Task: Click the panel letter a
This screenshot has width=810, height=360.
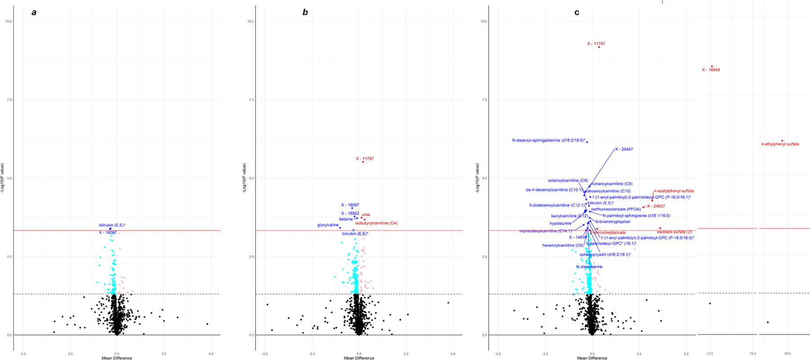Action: [x=34, y=13]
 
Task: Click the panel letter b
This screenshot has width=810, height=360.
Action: [x=305, y=13]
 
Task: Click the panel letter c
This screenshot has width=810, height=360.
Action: [x=577, y=13]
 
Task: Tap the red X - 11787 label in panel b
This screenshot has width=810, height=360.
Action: [x=364, y=159]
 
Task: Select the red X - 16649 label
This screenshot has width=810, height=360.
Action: [x=711, y=70]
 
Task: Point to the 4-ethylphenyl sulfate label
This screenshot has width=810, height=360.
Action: [x=780, y=144]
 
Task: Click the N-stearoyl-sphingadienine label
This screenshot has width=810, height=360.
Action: [x=548, y=140]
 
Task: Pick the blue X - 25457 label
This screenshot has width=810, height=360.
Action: [x=624, y=149]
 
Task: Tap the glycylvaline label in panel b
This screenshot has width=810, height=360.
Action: [x=328, y=225]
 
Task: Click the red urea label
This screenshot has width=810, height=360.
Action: [x=365, y=215]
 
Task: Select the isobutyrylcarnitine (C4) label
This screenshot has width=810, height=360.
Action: [x=376, y=223]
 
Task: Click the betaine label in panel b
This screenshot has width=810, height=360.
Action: [x=346, y=219]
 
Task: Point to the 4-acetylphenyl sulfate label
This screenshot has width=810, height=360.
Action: [x=674, y=191]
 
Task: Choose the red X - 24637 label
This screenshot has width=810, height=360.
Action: [x=656, y=206]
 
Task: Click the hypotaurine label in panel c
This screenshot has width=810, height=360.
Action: [x=560, y=223]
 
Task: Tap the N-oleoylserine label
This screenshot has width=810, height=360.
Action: [x=589, y=267]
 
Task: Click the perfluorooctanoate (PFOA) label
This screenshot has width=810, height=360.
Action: [x=616, y=209]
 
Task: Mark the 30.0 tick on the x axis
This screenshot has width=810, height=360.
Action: [x=787, y=354]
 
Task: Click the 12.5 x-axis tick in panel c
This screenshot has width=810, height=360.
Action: [x=710, y=354]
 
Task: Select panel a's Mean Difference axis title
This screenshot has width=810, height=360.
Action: [x=117, y=358]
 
